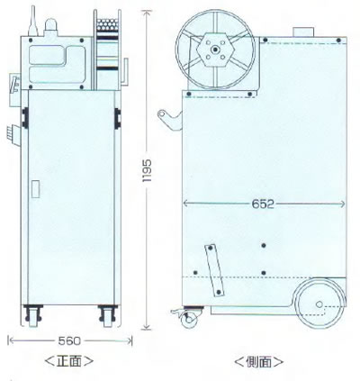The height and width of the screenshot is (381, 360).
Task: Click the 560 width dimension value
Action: tap(69, 340)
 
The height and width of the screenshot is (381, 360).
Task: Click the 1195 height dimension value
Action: tap(147, 171)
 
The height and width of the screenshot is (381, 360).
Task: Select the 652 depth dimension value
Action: tap(263, 204)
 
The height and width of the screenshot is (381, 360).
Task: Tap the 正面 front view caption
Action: tap(69, 360)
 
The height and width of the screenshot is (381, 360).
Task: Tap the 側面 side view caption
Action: tap(258, 362)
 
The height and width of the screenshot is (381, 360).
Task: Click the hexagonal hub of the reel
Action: tap(215, 50)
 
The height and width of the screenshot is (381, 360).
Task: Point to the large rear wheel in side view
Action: tap(319, 304)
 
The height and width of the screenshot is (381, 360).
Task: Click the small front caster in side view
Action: tap(190, 319)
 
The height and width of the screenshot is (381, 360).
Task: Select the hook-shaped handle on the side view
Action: tap(169, 119)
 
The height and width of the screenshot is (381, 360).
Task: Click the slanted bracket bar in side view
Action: tap(214, 270)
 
